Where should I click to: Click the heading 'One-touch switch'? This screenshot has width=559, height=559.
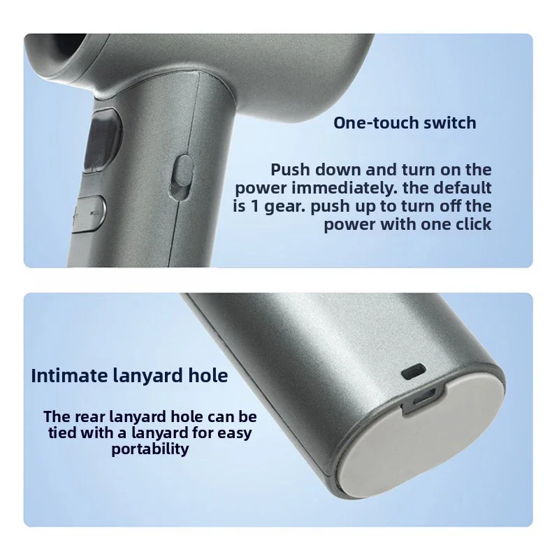pos(405,123)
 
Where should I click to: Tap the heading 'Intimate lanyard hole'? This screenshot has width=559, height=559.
pos(129,376)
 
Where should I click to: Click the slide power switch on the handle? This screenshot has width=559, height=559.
pos(182,177)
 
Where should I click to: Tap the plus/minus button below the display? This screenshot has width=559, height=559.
pos(89,214)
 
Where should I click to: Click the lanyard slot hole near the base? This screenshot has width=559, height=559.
pos(413,372)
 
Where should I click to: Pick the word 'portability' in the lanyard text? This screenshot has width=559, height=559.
pos(150,449)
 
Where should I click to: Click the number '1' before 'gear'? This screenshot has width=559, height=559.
pos(254,206)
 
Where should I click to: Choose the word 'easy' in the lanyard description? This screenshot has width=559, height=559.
pos(234,433)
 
